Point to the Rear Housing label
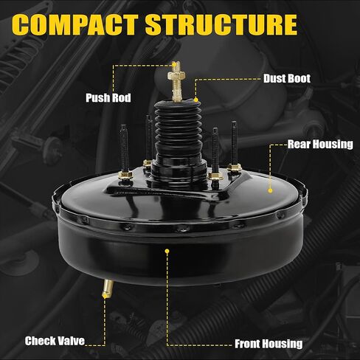pyautogui.click(x=319, y=145)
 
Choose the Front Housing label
pyautogui.click(x=268, y=343)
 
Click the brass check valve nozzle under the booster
pyautogui.click(x=105, y=287)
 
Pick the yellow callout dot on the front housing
pyautogui.click(x=168, y=251)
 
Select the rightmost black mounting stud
pyautogui.click(x=234, y=142)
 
